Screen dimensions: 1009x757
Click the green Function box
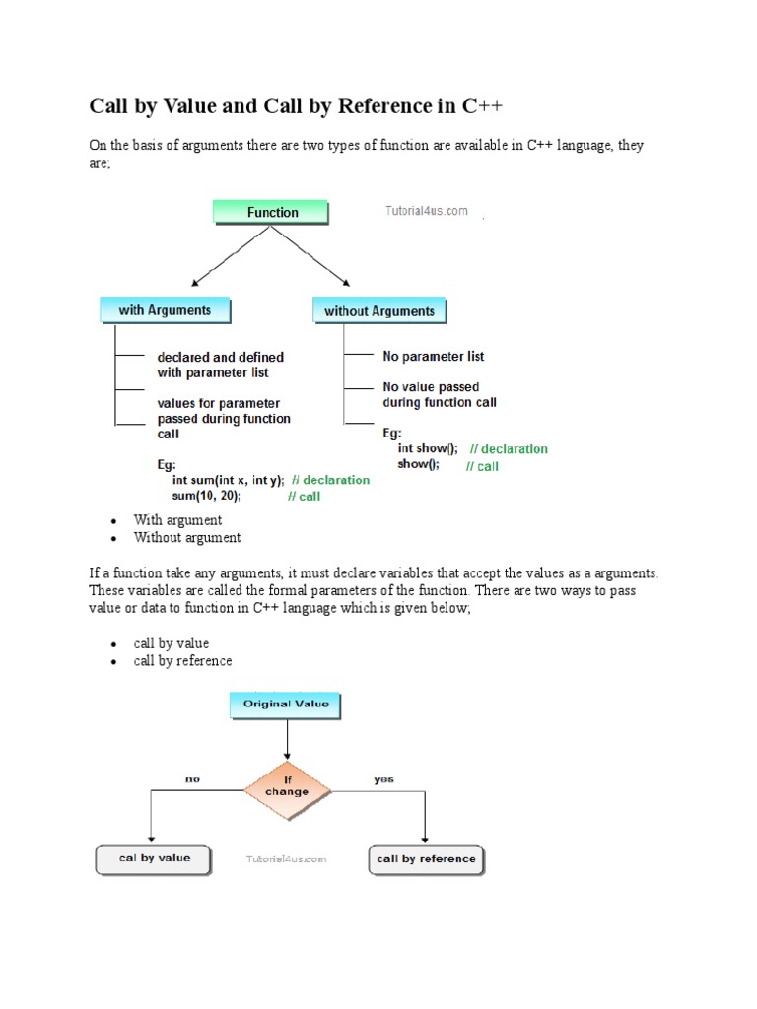point(272,212)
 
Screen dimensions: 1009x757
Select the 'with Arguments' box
point(165,310)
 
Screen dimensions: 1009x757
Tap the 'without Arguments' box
point(379,311)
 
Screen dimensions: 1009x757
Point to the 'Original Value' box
point(286,704)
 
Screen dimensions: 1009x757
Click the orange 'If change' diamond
point(287,785)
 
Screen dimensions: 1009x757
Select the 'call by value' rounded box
point(155,858)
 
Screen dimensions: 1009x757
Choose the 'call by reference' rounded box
point(426,859)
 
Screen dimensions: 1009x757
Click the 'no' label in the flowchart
point(192,779)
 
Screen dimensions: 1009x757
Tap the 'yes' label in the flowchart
point(383,779)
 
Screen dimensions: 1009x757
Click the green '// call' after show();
point(482,466)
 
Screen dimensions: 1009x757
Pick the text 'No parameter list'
point(433,356)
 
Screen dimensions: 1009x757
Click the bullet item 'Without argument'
point(187,537)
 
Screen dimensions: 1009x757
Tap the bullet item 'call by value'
point(172,643)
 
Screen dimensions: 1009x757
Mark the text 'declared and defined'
point(220,357)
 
